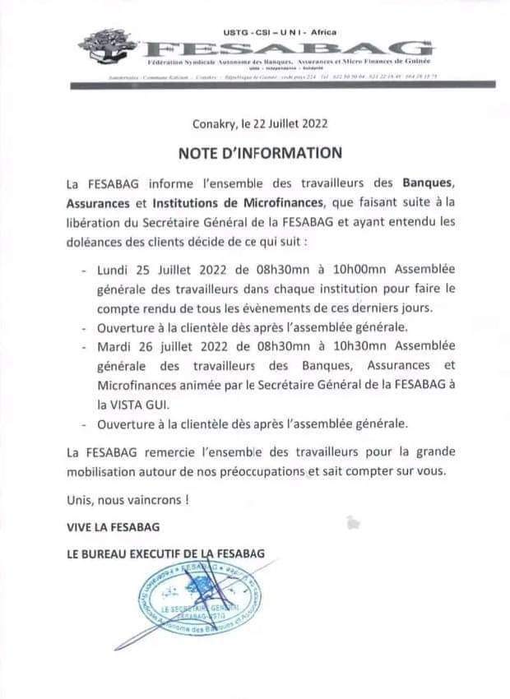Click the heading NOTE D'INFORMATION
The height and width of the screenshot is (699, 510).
[260, 152]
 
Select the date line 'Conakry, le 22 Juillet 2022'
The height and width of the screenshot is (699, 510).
[260, 125]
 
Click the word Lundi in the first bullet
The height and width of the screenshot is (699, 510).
[114, 269]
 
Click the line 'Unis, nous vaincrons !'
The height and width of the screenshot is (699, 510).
[123, 499]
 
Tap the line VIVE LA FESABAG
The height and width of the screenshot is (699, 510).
[114, 526]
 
